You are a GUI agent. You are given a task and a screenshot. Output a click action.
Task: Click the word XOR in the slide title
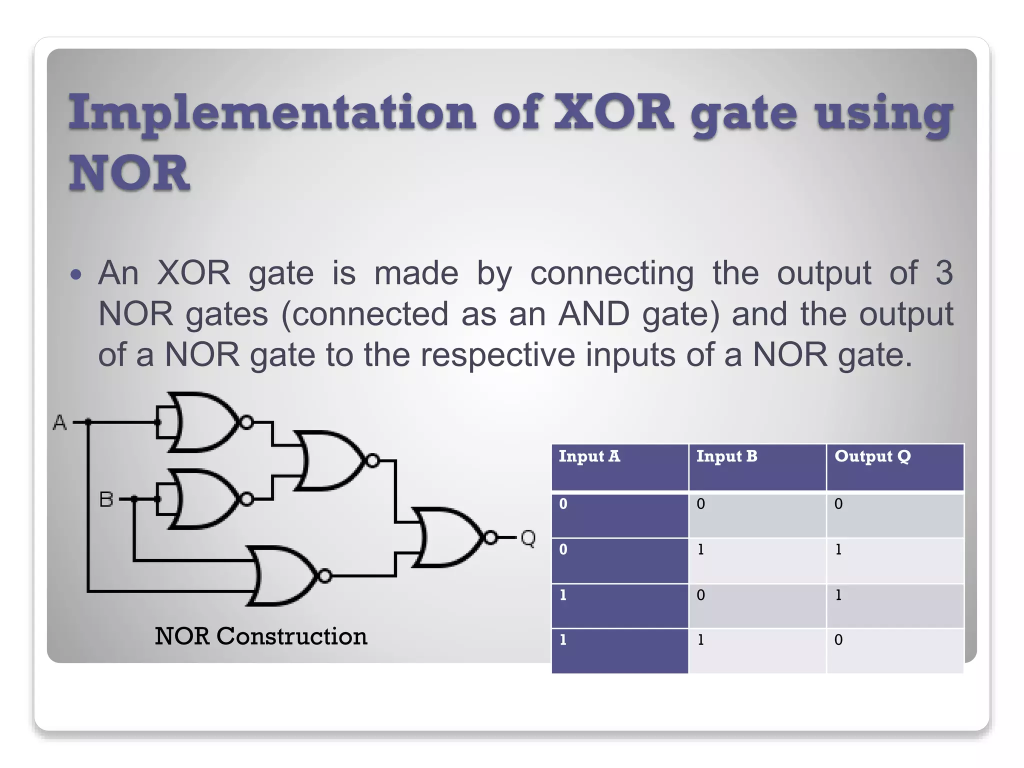tap(614, 112)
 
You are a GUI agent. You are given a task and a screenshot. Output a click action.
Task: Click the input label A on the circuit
tap(59, 422)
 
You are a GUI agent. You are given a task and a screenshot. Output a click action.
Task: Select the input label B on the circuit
tap(106, 499)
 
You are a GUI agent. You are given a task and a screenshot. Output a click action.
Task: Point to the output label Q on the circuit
tap(528, 538)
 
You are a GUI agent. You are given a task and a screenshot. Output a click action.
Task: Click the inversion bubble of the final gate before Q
tap(491, 538)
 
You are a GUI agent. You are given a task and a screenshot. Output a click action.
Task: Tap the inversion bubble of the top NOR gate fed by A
tap(246, 422)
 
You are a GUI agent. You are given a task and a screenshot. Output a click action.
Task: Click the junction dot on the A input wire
tap(88, 422)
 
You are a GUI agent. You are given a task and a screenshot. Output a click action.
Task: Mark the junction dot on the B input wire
tap(134, 499)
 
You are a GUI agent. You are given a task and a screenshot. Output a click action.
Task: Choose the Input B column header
tap(726, 456)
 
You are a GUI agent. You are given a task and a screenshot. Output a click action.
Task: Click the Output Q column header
tap(872, 456)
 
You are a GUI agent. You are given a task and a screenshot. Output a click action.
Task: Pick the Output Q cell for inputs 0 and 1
tap(838, 549)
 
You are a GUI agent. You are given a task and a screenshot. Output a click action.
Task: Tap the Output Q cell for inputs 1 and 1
tap(838, 640)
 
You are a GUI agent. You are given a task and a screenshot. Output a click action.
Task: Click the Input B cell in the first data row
tap(700, 504)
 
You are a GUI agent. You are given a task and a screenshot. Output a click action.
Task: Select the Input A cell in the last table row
tap(563, 640)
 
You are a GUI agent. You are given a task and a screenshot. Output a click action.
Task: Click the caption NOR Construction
tap(260, 636)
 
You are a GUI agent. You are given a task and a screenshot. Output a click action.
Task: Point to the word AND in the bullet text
tap(593, 314)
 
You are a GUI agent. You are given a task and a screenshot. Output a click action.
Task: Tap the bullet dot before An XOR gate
tap(76, 274)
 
